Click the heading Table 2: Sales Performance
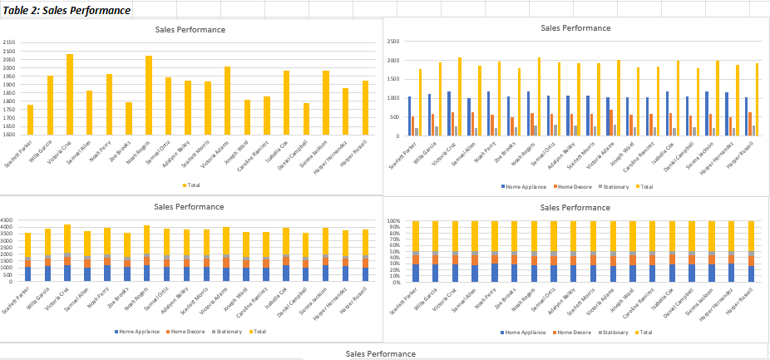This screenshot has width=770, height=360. [67, 11]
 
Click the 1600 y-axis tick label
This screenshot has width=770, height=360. [9, 134]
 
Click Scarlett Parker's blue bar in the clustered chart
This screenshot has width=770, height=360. [409, 116]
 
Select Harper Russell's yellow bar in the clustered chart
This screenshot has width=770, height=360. [756, 99]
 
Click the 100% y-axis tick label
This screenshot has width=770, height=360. [394, 222]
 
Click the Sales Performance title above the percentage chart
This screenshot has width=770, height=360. [575, 207]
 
